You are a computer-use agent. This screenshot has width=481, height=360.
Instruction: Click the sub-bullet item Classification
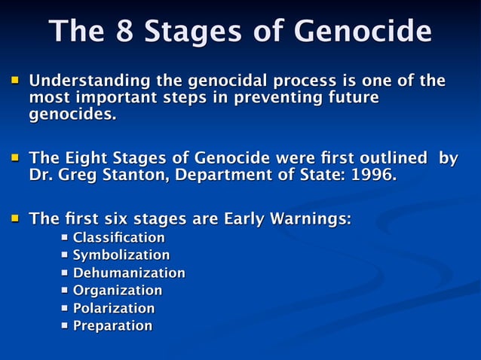pyautogui.click(x=118, y=238)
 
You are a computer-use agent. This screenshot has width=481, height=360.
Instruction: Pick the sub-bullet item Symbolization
pyautogui.click(x=121, y=255)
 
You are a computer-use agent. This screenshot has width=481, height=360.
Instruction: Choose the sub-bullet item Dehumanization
pyautogui.click(x=128, y=273)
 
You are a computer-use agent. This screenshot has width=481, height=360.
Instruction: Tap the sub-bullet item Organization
pyautogui.click(x=117, y=290)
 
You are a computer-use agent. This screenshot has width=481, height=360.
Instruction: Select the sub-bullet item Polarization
pyautogui.click(x=113, y=308)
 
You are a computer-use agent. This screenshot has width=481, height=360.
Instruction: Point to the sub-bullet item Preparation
pyautogui.click(x=112, y=325)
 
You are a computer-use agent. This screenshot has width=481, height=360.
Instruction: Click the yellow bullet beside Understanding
pyautogui.click(x=14, y=80)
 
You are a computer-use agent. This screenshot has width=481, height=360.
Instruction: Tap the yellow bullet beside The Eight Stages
pyautogui.click(x=14, y=159)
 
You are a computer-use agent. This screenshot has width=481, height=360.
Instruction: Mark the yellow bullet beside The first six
pyautogui.click(x=14, y=219)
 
